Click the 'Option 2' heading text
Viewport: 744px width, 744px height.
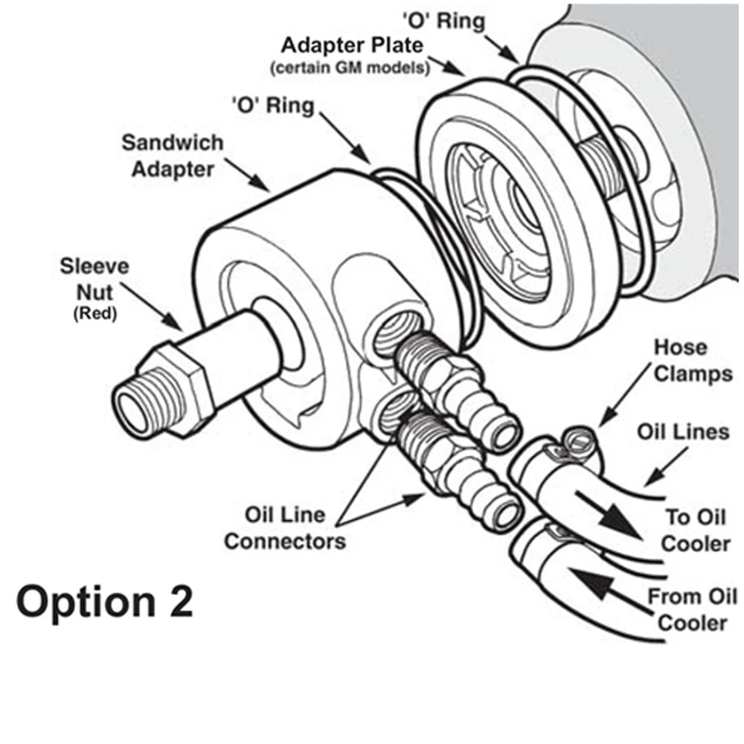[x=104, y=601]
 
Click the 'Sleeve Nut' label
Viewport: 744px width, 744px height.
[x=94, y=280]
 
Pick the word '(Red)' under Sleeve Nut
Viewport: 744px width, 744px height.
[x=94, y=315]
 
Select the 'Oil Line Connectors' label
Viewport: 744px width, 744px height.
[x=285, y=527]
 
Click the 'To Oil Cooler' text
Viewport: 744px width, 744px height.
[x=696, y=530]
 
